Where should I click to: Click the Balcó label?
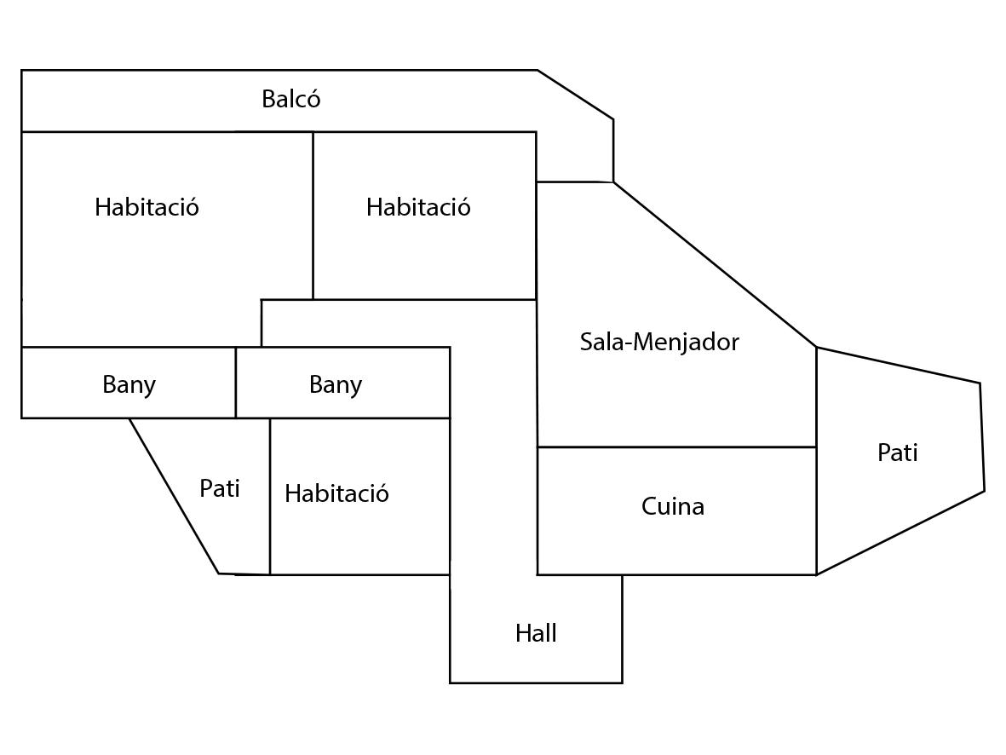(x=290, y=100)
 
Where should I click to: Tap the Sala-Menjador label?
(x=658, y=343)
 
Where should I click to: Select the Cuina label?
(x=672, y=507)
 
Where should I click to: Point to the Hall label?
(x=536, y=633)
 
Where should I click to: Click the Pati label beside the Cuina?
(x=897, y=452)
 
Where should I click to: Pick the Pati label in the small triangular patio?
(x=219, y=488)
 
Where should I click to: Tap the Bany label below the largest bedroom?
(x=129, y=384)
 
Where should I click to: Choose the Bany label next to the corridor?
(x=335, y=384)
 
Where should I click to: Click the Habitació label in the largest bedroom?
(x=147, y=207)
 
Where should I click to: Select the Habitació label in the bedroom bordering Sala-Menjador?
(x=417, y=207)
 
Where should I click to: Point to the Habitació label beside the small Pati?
(x=336, y=493)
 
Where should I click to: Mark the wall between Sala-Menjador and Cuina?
(x=676, y=447)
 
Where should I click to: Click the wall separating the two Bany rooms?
(x=236, y=383)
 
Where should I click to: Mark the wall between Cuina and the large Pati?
(x=816, y=511)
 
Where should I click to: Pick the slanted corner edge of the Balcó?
(x=575, y=95)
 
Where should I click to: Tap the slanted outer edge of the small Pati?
(x=174, y=495)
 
